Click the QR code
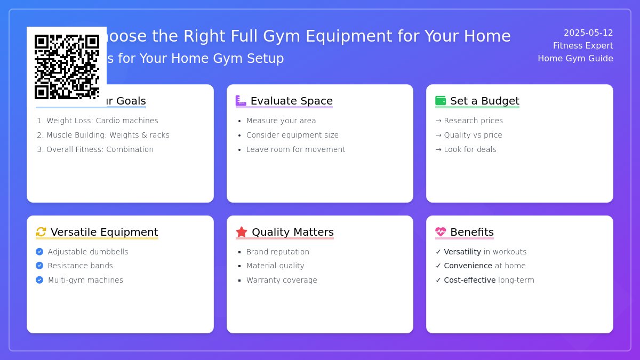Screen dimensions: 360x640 coord(67,67)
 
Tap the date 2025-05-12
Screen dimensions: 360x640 coord(588,33)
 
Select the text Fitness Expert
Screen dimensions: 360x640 coord(583,46)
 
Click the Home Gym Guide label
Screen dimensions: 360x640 coord(575,59)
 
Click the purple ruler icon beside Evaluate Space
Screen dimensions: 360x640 coord(241,101)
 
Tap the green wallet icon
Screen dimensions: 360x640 coord(441,101)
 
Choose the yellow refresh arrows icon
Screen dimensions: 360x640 coord(41,232)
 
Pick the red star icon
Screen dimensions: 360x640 coord(242,232)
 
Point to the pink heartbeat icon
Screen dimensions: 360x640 coord(441,232)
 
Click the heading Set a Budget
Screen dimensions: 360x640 coord(484,101)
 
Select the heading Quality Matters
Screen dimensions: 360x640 coord(292,233)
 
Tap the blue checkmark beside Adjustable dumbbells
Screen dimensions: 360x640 coord(39,252)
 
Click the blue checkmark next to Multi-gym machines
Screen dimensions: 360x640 coord(39,280)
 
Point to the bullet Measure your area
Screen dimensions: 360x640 coord(281,121)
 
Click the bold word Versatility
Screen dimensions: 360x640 coord(462,252)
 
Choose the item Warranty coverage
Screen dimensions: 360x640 coord(282,281)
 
